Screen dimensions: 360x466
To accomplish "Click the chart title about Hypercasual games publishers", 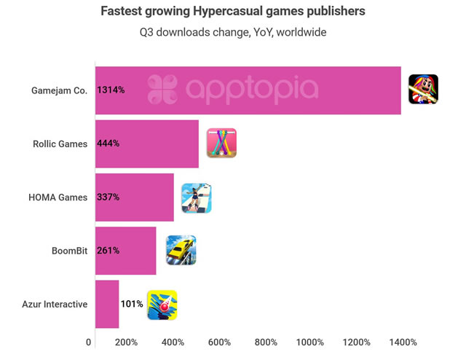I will click(233, 12).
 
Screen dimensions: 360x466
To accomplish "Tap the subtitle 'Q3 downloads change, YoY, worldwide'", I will click(233, 32).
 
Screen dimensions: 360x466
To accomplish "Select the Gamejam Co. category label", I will click(60, 90).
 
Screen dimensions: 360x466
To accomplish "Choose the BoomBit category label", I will click(69, 250).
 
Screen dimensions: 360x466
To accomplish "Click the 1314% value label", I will click(111, 90).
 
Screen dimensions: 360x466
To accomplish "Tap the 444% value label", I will click(108, 144).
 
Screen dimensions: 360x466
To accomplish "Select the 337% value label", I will click(108, 197).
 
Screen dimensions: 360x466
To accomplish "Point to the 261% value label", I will click(108, 250).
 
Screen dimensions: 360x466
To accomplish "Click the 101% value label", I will click(132, 303).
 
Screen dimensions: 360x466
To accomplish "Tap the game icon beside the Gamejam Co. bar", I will click(423, 90).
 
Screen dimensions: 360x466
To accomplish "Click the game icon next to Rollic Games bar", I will click(221, 143).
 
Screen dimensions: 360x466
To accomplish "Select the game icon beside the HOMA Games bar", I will click(197, 197).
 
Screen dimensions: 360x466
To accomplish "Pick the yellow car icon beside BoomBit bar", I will click(181, 250).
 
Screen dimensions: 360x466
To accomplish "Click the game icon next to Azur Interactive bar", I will click(162, 305).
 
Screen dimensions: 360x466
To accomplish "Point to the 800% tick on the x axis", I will click(266, 343).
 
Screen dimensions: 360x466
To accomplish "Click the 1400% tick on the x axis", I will click(403, 343).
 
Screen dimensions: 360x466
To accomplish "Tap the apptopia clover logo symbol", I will click(162, 90).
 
